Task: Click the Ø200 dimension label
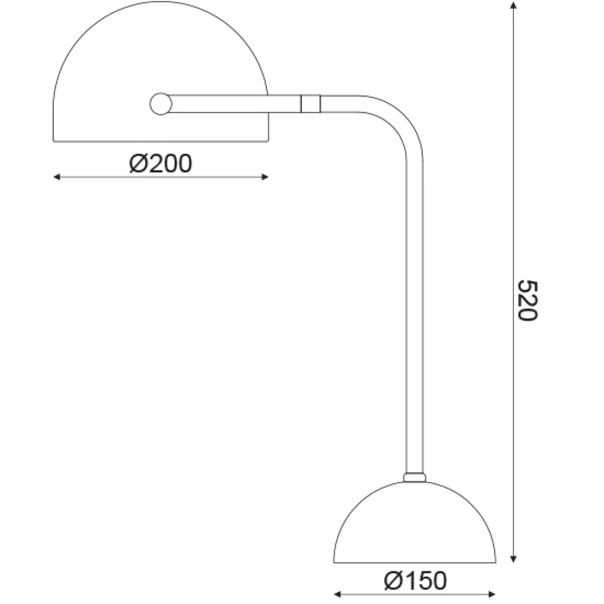coord(160,164)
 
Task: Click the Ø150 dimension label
coord(416,580)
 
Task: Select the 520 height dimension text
coord(527,300)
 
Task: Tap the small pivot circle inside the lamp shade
coord(160,104)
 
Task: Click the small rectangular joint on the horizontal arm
coord(310,104)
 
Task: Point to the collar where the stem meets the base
coord(414,477)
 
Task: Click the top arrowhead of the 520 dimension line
coord(513,5)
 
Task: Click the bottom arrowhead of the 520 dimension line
coord(513,559)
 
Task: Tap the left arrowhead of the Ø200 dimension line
coord(57,177)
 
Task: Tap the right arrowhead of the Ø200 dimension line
coord(265,177)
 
